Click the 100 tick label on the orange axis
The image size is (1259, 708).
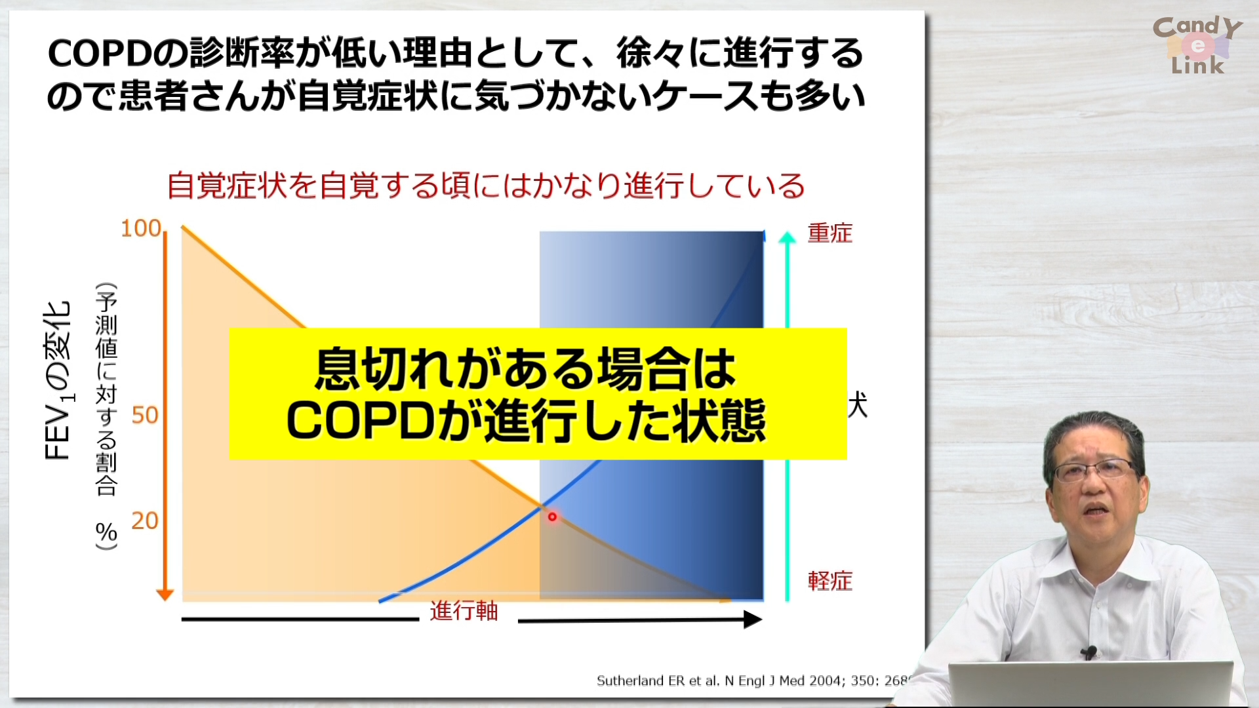click(x=140, y=228)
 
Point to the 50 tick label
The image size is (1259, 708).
click(x=145, y=415)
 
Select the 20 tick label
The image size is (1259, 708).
click(x=145, y=521)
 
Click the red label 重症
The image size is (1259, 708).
click(x=829, y=233)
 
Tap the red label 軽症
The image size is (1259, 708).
click(x=829, y=581)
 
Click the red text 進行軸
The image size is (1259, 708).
click(x=464, y=611)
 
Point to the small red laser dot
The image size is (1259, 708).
click(x=552, y=517)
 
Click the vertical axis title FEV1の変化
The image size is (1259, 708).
click(x=58, y=380)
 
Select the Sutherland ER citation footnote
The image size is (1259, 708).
click(x=751, y=680)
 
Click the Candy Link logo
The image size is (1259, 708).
click(x=1197, y=45)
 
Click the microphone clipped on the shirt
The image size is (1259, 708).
click(x=1089, y=652)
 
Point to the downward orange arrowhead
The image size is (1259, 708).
click(x=165, y=595)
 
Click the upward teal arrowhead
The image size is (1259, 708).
click(x=787, y=237)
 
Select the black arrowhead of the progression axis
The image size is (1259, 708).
click(x=752, y=619)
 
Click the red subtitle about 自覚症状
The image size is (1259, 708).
click(x=485, y=186)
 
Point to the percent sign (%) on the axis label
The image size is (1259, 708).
click(x=106, y=532)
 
